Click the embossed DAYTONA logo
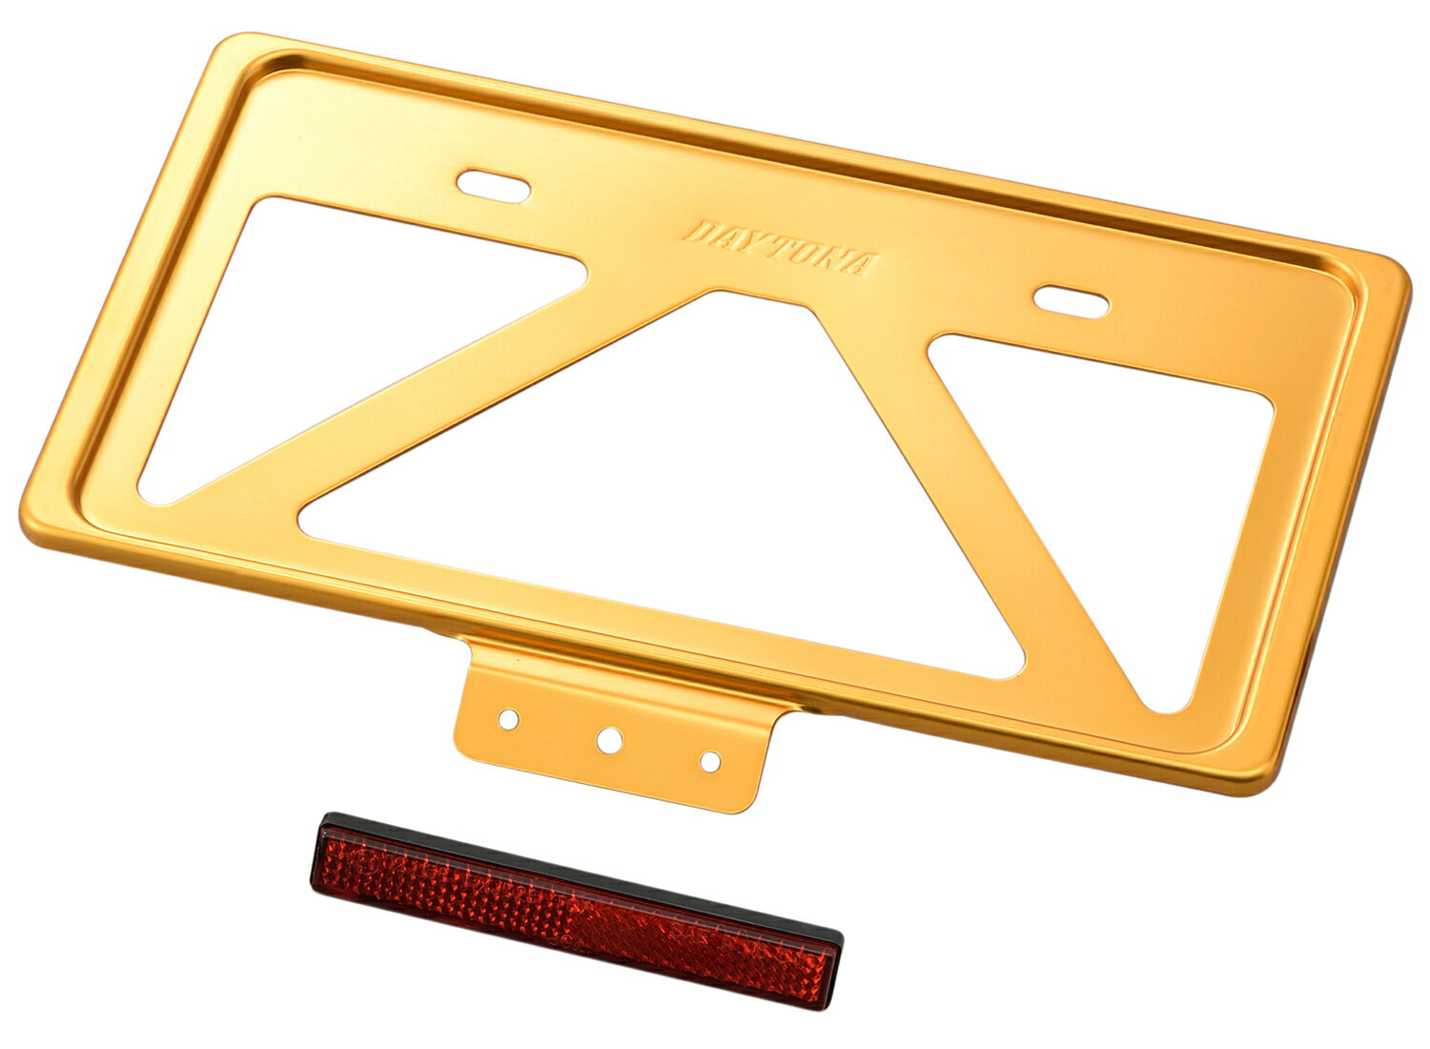click(x=780, y=248)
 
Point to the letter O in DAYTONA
click(x=814, y=255)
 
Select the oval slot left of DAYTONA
click(x=493, y=186)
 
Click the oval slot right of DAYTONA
click(x=1071, y=301)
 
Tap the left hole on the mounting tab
click(x=508, y=719)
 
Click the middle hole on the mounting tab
click(x=609, y=740)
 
